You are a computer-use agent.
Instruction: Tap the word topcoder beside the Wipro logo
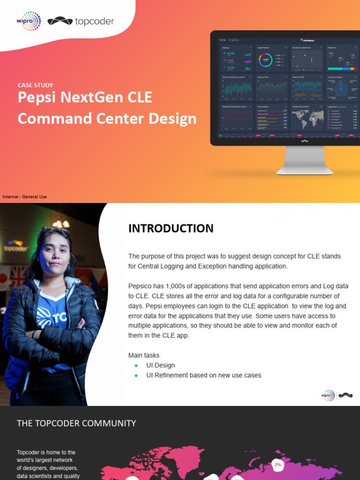(94, 21)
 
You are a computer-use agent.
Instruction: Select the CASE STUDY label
(35, 85)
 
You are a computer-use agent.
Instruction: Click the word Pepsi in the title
(38, 97)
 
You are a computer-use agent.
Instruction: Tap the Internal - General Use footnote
(24, 196)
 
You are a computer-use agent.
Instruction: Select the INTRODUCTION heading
(171, 228)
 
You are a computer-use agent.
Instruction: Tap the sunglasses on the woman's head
(55, 231)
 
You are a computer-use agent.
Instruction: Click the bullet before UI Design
(136, 366)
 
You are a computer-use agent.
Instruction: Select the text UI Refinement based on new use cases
(203, 375)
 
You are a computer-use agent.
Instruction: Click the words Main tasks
(144, 355)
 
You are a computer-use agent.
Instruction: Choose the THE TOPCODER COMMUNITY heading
(76, 423)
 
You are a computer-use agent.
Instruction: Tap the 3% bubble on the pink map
(277, 465)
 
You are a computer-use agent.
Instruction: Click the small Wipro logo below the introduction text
(328, 396)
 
